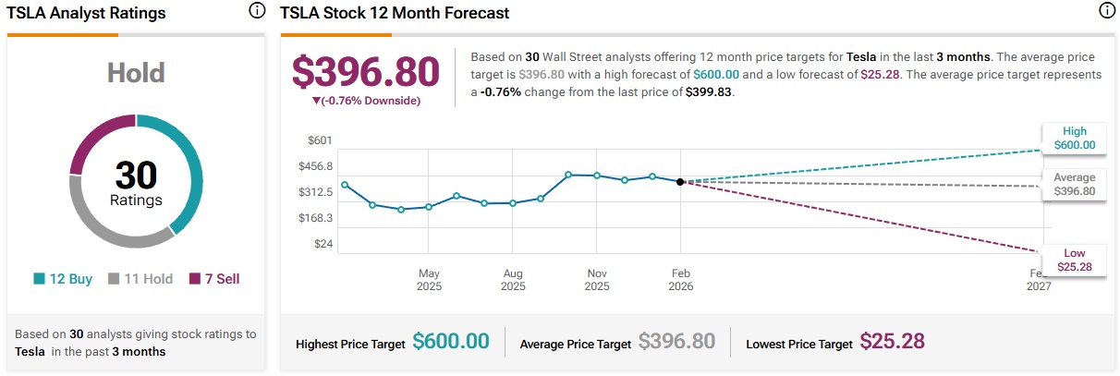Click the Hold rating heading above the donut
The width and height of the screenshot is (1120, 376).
[x=137, y=74]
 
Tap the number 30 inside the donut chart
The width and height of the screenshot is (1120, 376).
[x=137, y=175]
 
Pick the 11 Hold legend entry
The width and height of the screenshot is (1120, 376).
[x=140, y=278]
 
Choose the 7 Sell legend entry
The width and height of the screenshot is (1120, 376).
[x=215, y=278]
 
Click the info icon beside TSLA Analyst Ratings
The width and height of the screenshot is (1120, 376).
[x=257, y=11]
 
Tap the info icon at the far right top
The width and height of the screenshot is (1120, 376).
[x=1106, y=11]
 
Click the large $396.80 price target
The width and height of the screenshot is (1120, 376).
[x=366, y=72]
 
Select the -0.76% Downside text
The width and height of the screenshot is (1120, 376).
[x=366, y=101]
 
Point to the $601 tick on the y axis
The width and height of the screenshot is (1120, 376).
[x=320, y=140]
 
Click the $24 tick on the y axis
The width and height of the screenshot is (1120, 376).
[x=323, y=244]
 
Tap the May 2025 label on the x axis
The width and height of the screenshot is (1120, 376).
[x=429, y=280]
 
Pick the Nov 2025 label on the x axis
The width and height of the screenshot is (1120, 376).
[x=598, y=280]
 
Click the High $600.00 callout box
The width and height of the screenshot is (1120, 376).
[x=1074, y=138]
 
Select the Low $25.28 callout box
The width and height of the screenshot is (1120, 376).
[x=1074, y=260]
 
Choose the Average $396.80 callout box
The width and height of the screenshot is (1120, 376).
[x=1074, y=184]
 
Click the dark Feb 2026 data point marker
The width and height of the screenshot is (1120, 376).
[x=681, y=182]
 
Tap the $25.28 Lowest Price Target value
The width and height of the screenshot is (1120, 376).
[x=893, y=342]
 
